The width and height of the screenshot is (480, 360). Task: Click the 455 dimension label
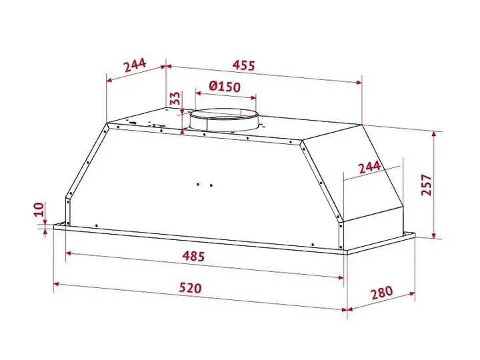click(244, 65)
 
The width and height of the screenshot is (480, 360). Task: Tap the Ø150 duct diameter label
click(225, 87)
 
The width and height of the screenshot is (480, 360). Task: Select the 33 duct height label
click(175, 98)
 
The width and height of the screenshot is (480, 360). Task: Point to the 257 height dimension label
click(427, 185)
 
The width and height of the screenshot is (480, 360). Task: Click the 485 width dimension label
click(193, 255)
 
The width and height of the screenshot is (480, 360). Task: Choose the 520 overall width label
click(191, 288)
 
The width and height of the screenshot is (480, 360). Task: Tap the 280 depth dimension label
click(382, 293)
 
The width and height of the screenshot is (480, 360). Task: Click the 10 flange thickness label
click(39, 210)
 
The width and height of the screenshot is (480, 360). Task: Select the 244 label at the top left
click(135, 65)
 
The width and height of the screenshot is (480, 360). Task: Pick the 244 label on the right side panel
click(369, 167)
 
